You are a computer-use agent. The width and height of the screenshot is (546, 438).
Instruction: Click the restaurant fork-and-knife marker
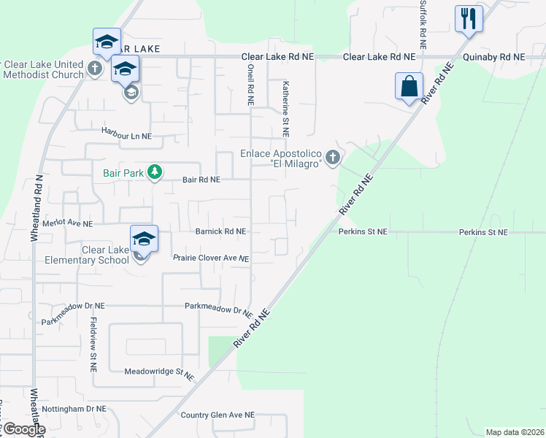[468, 18]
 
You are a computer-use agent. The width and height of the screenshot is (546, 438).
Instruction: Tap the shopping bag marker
[409, 85]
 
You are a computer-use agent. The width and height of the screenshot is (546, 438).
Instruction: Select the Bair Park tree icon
[154, 172]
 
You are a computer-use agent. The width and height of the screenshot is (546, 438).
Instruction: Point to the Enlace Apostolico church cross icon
[333, 157]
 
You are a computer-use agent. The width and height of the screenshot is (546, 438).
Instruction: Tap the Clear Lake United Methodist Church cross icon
[94, 69]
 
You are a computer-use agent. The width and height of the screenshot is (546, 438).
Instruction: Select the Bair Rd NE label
[201, 179]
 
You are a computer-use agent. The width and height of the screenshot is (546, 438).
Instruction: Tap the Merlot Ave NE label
[68, 223]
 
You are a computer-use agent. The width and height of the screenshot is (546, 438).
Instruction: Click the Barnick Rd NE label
[220, 231]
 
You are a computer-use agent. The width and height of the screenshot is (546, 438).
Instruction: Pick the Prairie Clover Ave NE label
[212, 258]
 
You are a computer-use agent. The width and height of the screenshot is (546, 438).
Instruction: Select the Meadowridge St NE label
[159, 373]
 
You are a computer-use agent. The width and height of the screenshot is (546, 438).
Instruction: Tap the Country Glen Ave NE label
[218, 415]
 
